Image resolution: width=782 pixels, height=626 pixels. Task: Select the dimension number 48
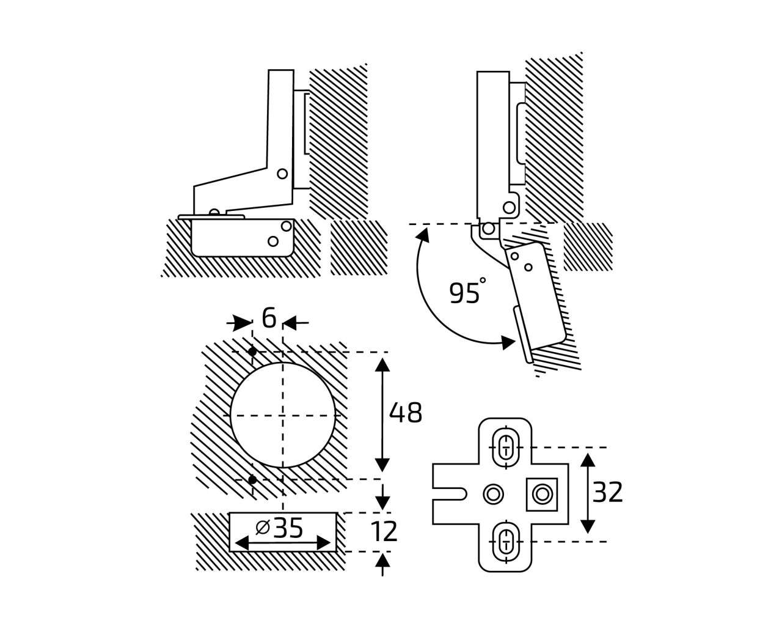click(406, 413)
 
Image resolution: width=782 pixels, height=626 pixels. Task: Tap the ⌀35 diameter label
click(279, 528)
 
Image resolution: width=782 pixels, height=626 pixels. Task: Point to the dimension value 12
click(384, 532)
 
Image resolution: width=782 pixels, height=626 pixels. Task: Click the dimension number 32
click(607, 493)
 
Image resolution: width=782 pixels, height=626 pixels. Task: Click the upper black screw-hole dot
click(252, 352)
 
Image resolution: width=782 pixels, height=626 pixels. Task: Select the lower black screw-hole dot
click(252, 480)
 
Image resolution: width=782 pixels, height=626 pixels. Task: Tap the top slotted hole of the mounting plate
click(505, 447)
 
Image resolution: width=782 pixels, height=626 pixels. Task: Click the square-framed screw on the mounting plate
click(542, 495)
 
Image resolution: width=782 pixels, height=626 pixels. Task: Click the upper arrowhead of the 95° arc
click(423, 234)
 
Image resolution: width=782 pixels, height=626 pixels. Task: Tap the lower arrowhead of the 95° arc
click(508, 342)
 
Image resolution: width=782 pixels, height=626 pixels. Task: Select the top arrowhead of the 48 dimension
click(382, 365)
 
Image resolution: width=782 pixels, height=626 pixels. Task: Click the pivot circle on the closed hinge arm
click(282, 174)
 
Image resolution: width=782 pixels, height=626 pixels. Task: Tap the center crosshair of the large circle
click(283, 415)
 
